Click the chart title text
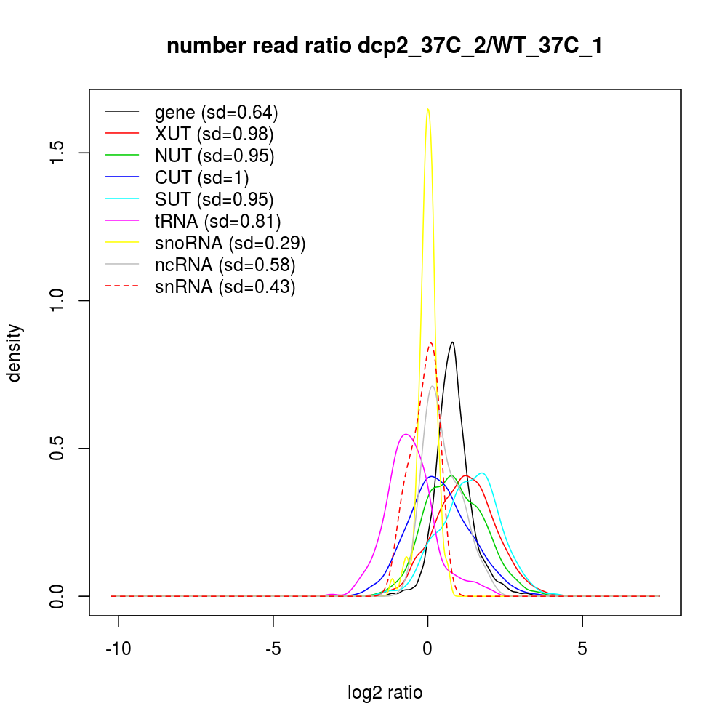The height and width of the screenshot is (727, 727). click(385, 46)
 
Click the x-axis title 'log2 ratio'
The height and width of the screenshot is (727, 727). click(385, 692)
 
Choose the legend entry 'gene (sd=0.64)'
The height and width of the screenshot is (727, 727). click(216, 112)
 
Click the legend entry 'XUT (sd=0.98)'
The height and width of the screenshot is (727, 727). click(214, 134)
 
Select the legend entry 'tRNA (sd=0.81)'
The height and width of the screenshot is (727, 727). click(217, 221)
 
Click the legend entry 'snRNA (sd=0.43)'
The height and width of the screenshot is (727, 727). click(225, 286)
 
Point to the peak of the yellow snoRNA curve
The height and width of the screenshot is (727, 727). click(428, 109)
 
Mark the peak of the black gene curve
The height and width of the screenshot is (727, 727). click(453, 342)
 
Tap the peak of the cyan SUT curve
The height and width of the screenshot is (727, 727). click(481, 473)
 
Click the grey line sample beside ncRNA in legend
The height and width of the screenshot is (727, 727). click(122, 265)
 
